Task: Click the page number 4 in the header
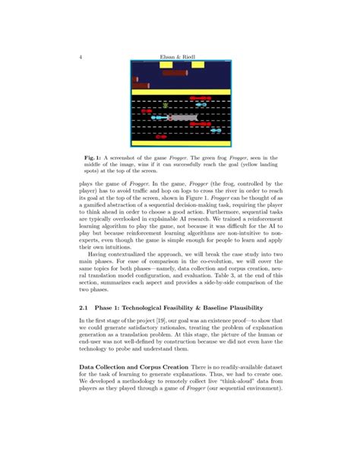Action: pyautogui.click(x=80, y=55)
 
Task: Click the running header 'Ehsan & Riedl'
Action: pyautogui.click(x=180, y=55)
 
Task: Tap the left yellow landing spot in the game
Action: pyautogui.click(x=166, y=65)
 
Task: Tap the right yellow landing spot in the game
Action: pyautogui.click(x=196, y=65)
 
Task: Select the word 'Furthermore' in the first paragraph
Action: pyautogui.click(x=225, y=214)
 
